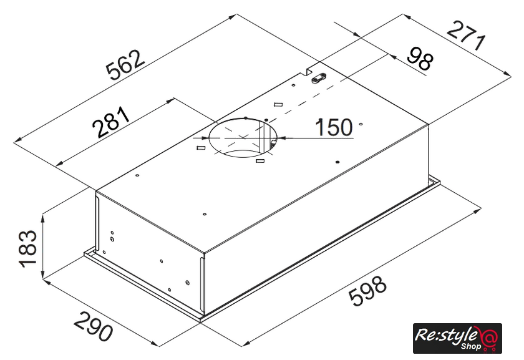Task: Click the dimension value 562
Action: pos(125,66)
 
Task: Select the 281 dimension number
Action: pos(111,122)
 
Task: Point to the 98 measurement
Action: pos(420,59)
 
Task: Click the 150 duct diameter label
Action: pos(334,127)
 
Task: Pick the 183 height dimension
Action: pos(28,248)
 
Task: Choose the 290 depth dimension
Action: pos(93,326)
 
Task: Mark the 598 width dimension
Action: pos(367,290)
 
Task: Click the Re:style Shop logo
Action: pos(457,338)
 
